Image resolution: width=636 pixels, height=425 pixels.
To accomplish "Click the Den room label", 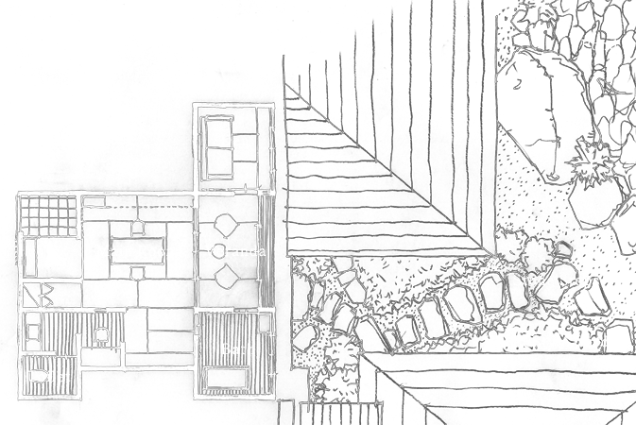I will click(234, 141).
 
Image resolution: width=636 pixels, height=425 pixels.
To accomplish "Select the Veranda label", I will click(234, 251).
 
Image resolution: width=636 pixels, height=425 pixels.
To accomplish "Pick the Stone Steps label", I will click(556, 280).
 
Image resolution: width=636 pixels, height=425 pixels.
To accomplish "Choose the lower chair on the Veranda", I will click(227, 275).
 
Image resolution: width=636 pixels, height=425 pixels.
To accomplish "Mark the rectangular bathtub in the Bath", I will click(227, 378).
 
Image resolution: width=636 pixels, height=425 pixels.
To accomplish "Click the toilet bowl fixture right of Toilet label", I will click(100, 333).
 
